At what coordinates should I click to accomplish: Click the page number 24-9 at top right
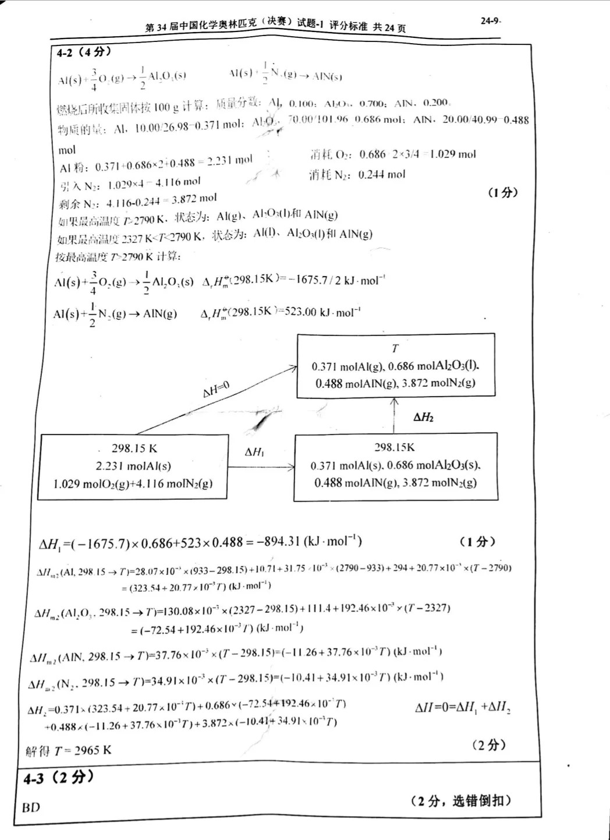pos(490,20)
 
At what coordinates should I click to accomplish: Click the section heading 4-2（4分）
pos(84,52)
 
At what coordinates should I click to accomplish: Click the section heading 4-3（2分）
pos(58,777)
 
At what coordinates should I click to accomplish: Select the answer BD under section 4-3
pos(31,807)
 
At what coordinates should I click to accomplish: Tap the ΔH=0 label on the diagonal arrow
pos(216,389)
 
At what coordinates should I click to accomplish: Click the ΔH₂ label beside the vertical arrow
pos(423,417)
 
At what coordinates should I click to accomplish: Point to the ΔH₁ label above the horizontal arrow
pos(254,452)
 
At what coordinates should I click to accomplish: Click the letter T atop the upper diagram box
pos(395,348)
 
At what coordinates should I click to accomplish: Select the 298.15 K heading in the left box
pos(134,449)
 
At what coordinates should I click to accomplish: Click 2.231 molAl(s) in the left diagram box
pos(133,466)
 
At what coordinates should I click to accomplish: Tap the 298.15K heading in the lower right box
pos(394,447)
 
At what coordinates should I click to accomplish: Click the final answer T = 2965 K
pos(69,750)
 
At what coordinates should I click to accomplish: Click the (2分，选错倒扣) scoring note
pos(460,801)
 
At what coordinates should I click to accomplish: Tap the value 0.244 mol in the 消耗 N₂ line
pos(382,174)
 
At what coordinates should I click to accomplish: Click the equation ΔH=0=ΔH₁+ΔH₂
pos(462,708)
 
